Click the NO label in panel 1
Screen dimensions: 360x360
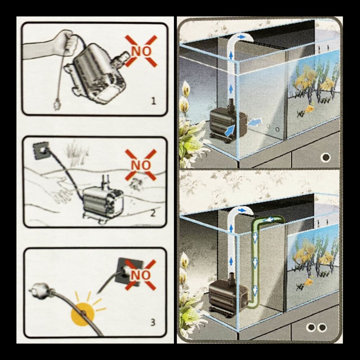pos(141,51)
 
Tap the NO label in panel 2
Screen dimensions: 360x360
pos(141,165)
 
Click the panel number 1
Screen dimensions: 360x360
pos(153,101)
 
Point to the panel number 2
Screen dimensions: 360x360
pos(153,213)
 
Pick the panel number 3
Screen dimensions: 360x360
pos(153,322)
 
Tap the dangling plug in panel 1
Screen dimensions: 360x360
pos(57,104)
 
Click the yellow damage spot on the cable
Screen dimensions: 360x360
pos(83,314)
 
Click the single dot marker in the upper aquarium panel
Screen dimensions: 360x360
pos(325,158)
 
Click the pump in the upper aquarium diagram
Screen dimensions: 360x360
pos(229,122)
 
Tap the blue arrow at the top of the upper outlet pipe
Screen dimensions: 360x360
pos(241,36)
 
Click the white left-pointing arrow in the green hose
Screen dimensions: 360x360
pos(269,220)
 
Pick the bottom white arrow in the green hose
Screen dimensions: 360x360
pos(255,290)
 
